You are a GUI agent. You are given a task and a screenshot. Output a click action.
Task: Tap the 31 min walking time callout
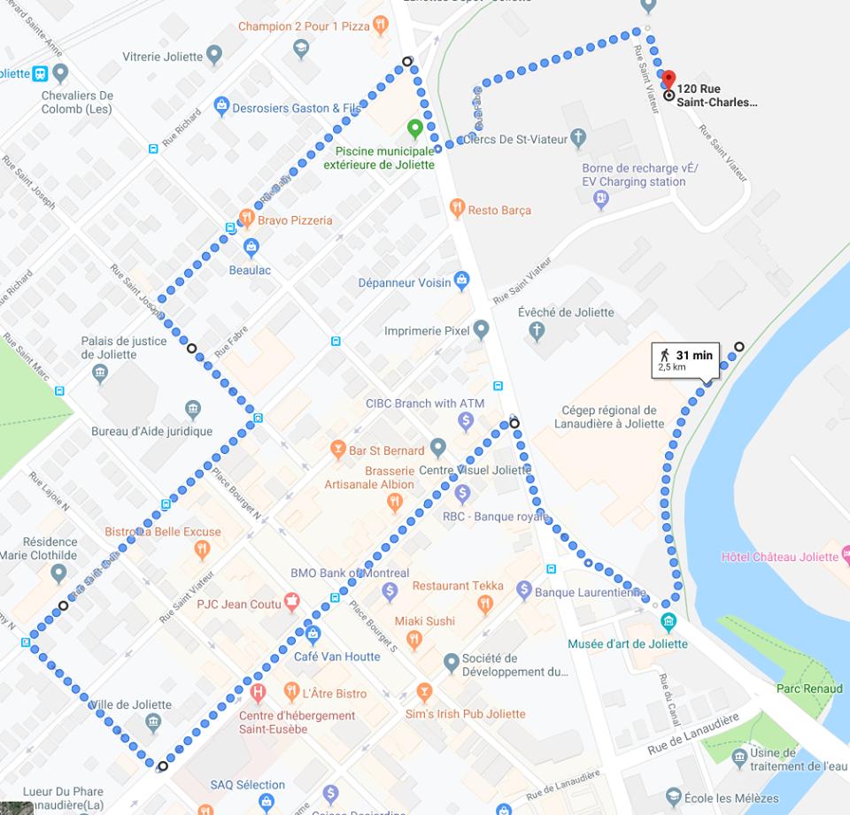click(685, 360)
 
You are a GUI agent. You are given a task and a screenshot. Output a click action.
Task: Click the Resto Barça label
click(499, 210)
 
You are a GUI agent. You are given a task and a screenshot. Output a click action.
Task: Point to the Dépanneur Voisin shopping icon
click(461, 281)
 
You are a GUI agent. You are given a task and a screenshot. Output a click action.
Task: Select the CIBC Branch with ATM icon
click(467, 421)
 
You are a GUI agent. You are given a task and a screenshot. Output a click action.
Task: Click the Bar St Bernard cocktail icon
click(336, 450)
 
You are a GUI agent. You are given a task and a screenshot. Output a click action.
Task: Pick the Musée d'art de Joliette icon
click(668, 621)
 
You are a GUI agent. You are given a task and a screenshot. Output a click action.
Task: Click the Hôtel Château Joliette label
click(779, 557)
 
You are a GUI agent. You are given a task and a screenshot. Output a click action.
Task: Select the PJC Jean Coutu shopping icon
click(290, 604)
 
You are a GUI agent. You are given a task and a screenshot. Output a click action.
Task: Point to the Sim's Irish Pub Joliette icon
click(424, 690)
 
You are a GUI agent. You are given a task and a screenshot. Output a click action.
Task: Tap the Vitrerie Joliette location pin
click(213, 57)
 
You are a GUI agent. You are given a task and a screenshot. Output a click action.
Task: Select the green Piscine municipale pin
click(414, 129)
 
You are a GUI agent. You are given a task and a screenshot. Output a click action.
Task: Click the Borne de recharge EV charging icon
click(601, 200)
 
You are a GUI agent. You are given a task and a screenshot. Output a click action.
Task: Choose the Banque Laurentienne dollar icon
click(523, 589)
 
